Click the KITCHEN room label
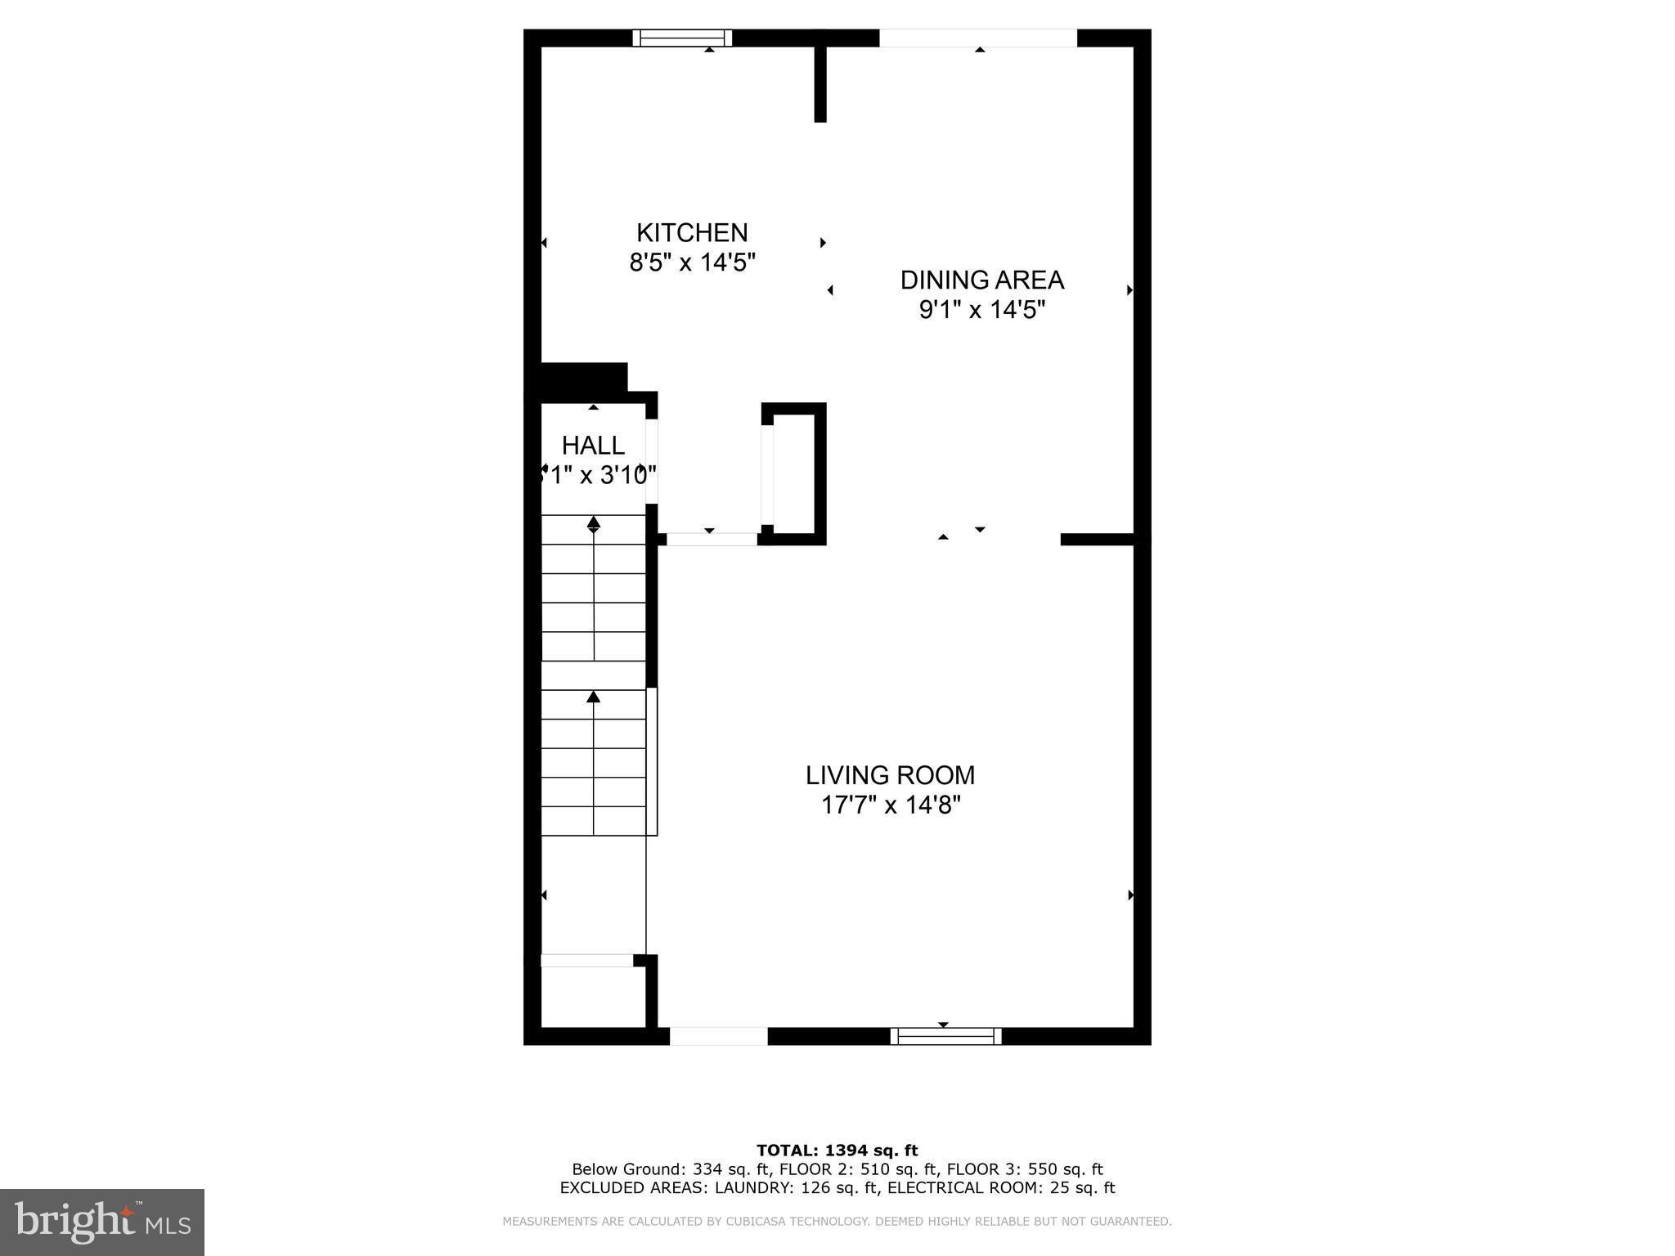click(692, 233)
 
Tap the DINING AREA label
click(981, 280)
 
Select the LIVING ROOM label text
click(890, 775)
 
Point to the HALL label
click(593, 446)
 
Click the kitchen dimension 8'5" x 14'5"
click(692, 263)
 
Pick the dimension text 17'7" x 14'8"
click(890, 805)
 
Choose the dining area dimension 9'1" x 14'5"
click(981, 311)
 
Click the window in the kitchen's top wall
click(682, 38)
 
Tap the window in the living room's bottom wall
click(945, 1036)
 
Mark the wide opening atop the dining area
click(978, 38)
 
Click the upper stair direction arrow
click(594, 523)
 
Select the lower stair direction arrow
click(594, 698)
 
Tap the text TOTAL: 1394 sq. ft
click(837, 1151)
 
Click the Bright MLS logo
click(102, 1222)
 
